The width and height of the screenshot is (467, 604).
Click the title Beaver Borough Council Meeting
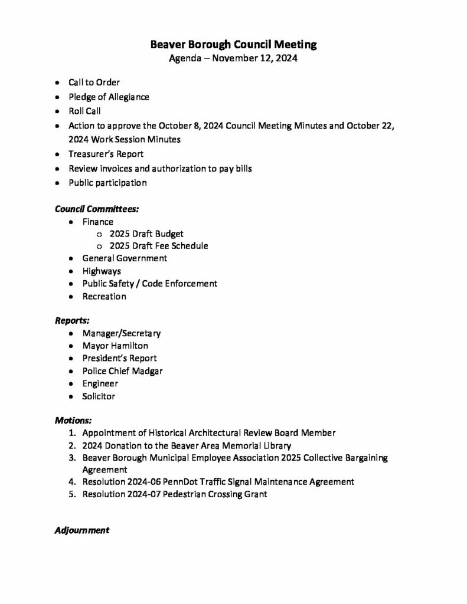[233, 44]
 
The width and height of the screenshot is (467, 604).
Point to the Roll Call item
[85, 111]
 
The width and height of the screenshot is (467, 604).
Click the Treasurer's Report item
[106, 154]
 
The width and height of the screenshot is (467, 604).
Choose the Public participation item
[107, 183]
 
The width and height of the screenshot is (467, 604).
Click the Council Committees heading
[97, 209]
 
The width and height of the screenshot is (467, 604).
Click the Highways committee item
[102, 271]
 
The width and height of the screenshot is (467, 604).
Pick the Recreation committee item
[104, 296]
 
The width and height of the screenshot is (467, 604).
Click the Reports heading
[72, 321]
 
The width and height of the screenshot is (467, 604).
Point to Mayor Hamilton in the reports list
[115, 346]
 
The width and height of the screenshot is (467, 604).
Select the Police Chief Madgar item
[122, 371]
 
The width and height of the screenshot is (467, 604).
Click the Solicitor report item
[99, 396]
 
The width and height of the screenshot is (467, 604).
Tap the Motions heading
[73, 421]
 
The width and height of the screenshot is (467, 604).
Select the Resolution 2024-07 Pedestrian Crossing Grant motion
[174, 494]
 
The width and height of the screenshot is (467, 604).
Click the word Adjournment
[81, 530]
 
